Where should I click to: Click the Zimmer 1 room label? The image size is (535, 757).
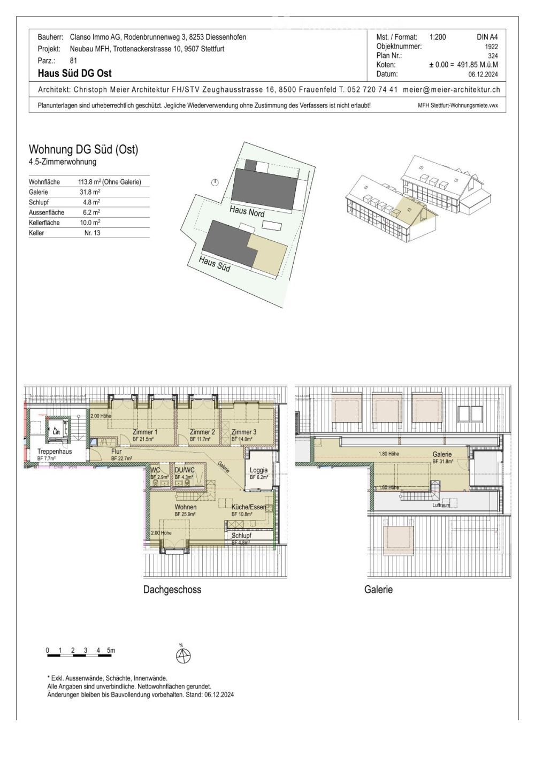click(x=144, y=432)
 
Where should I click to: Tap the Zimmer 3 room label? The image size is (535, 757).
click(x=243, y=432)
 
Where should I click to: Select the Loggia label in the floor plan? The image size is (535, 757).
click(x=258, y=470)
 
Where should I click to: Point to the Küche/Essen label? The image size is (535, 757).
click(x=248, y=507)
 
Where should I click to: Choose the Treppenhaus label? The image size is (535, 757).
click(x=54, y=452)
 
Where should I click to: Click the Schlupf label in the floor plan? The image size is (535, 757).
click(x=241, y=536)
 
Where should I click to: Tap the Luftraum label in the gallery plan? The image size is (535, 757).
click(x=441, y=505)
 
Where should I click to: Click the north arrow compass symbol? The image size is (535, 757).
click(x=183, y=655)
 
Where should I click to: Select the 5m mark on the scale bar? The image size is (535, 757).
click(x=111, y=651)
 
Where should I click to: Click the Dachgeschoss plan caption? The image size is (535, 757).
click(x=172, y=590)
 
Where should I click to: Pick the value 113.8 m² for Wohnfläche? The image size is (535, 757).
click(x=109, y=182)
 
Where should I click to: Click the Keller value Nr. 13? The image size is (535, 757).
click(x=92, y=233)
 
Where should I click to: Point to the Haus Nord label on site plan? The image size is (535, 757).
click(x=247, y=211)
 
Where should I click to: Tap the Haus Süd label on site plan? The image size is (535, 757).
click(x=215, y=263)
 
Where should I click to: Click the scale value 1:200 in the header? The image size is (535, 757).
click(x=437, y=37)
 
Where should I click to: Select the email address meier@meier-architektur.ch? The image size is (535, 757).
click(x=451, y=89)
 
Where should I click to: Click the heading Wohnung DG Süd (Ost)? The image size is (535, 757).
click(x=83, y=150)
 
